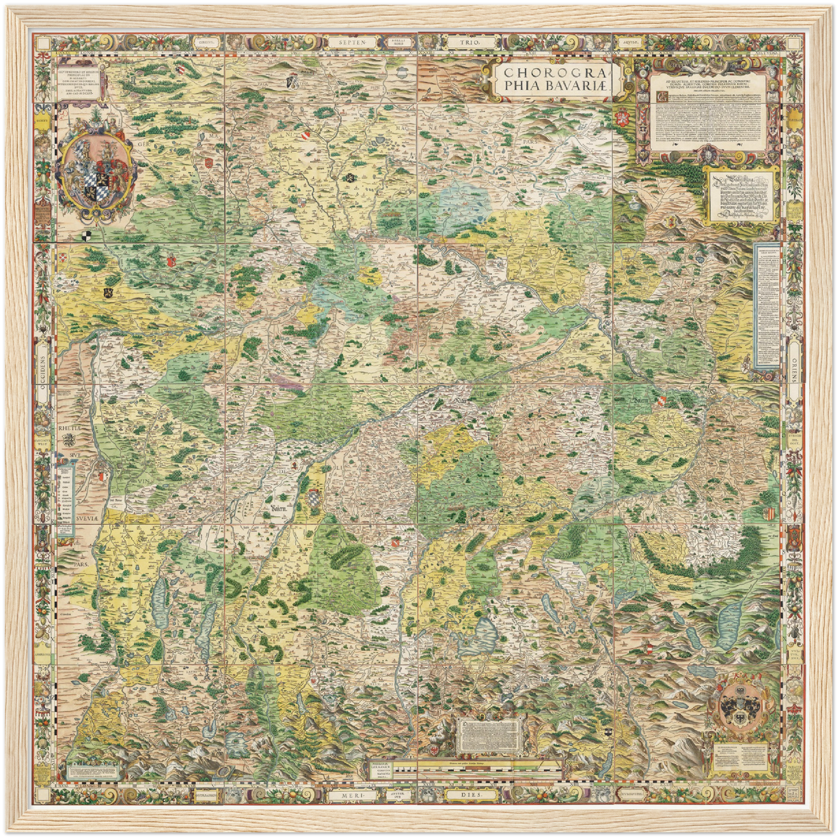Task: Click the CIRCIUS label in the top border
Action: (207, 42)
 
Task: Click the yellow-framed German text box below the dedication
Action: (744, 194)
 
